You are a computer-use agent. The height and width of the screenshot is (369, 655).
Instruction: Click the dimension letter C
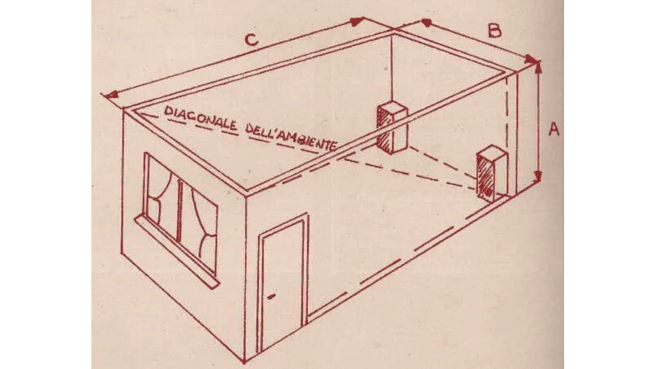[x=252, y=40]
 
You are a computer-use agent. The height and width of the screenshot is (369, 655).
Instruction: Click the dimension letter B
[x=494, y=31]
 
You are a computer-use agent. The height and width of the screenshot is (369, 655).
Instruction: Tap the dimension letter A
[x=554, y=129]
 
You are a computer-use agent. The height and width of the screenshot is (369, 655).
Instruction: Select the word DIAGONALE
[x=200, y=119]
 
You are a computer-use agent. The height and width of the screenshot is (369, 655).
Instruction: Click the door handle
[x=271, y=297]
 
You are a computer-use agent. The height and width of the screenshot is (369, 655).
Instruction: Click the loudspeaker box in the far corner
[x=392, y=128]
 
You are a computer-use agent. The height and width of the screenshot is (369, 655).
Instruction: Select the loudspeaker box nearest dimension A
[x=492, y=174]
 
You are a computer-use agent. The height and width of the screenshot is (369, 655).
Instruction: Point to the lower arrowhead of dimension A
[x=538, y=177]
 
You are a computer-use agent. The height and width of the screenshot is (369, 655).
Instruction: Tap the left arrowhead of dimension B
[x=427, y=22]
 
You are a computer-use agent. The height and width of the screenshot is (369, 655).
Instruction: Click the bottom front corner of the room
[x=244, y=362]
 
